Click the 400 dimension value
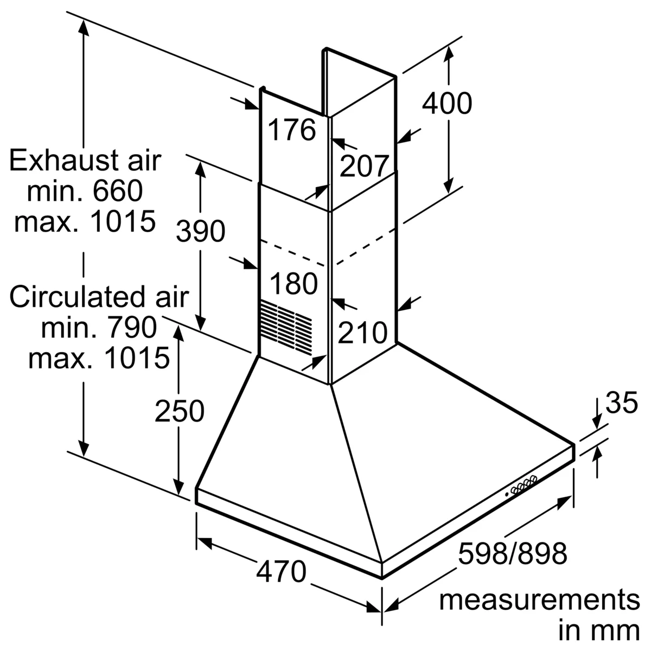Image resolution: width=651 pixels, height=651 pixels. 446,104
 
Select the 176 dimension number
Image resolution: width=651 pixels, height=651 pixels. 292,130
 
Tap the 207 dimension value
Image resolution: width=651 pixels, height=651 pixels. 364,166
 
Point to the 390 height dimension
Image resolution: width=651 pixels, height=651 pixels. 200,231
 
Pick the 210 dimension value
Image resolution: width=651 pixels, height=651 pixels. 362,333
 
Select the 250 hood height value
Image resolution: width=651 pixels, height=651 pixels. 180,411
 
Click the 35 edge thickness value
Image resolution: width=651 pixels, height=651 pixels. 622,403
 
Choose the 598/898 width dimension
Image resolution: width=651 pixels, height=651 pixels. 513,553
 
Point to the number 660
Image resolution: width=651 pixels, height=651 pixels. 118,191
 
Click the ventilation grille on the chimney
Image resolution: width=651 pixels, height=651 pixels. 286,327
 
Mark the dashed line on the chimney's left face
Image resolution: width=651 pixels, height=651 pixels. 292,253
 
